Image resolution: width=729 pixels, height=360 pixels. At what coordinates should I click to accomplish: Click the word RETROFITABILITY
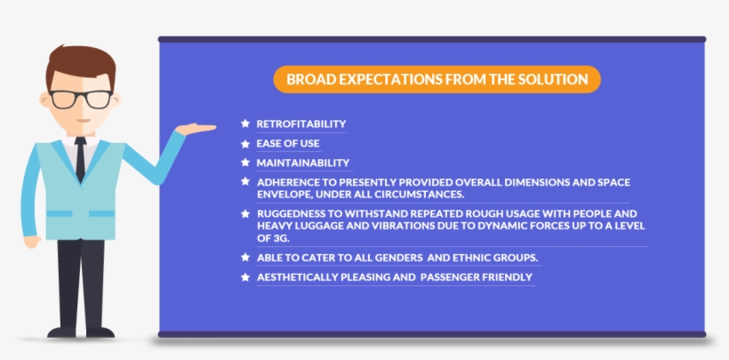tap(301, 123)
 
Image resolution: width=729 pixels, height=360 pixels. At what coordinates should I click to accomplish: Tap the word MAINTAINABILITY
tap(302, 163)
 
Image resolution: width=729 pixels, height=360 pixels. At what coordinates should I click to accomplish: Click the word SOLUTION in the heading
tap(557, 79)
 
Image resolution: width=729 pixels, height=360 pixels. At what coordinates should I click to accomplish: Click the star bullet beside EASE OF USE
tap(245, 143)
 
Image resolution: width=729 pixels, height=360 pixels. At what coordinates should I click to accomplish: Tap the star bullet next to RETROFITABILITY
tap(245, 123)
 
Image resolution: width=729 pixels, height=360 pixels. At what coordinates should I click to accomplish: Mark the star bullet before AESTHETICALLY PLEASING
tap(245, 277)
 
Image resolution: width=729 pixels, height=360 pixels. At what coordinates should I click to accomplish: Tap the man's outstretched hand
tap(197, 129)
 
